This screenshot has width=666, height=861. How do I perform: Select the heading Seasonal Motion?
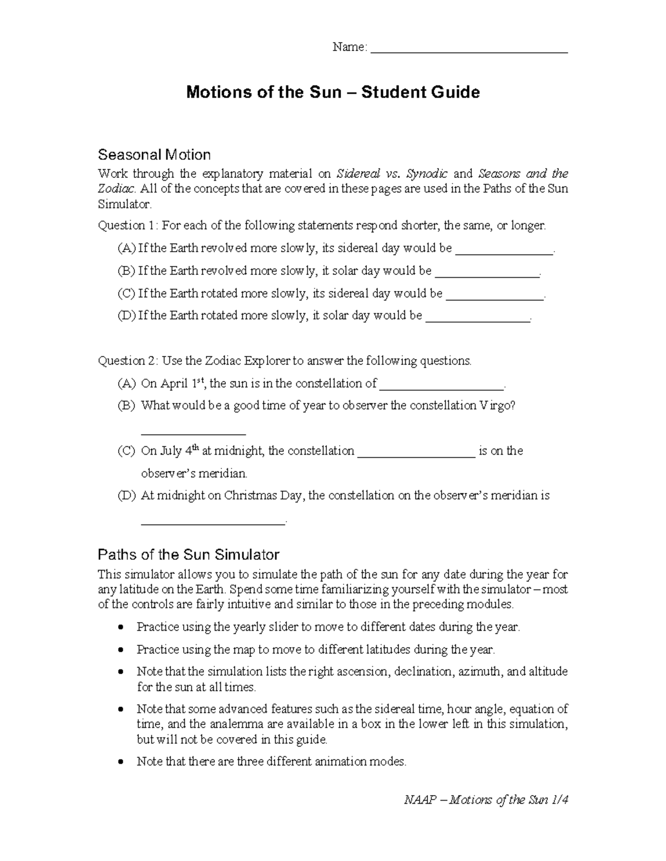coord(154,154)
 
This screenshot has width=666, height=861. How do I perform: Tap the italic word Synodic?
coord(426,174)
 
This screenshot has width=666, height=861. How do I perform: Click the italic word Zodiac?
coord(116,188)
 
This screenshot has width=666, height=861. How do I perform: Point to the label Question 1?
coord(128,225)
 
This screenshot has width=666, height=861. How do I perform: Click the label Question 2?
coord(128,361)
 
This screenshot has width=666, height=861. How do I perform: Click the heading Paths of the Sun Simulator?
coord(188,554)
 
